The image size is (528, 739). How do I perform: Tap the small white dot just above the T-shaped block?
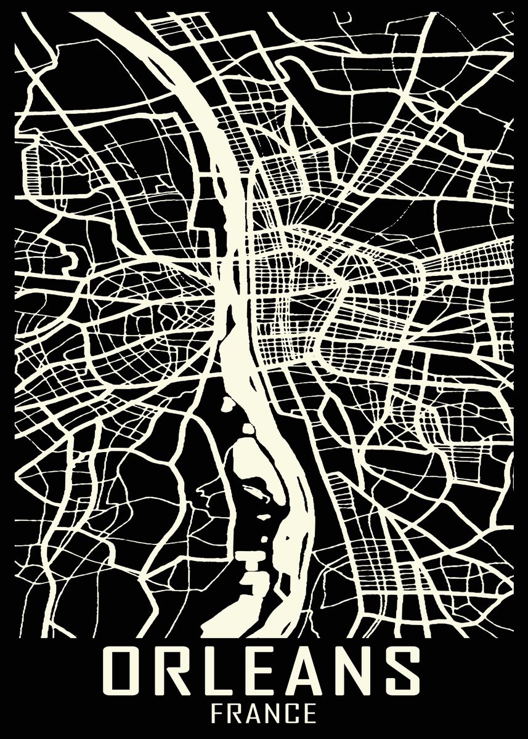[x=263, y=538]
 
